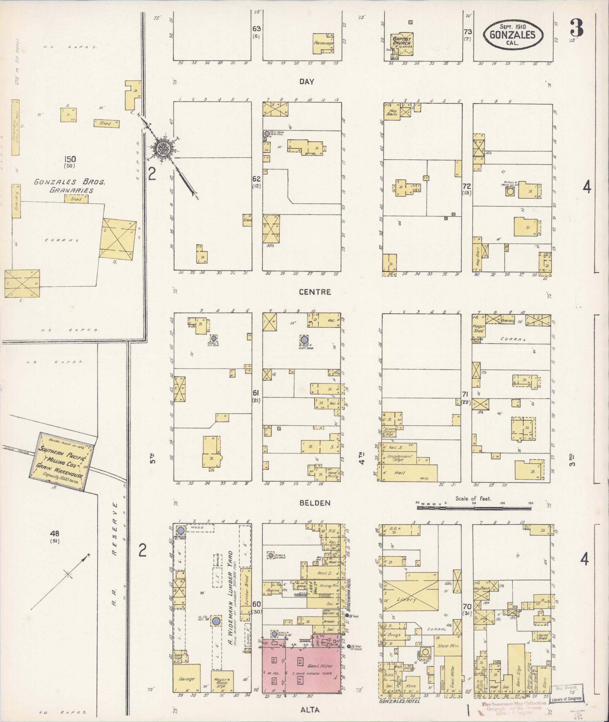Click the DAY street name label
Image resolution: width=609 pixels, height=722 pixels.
tap(307, 82)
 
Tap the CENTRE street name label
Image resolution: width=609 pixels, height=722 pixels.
tap(315, 292)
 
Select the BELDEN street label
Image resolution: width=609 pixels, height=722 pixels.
tap(315, 503)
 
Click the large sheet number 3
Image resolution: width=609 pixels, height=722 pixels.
tap(577, 28)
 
